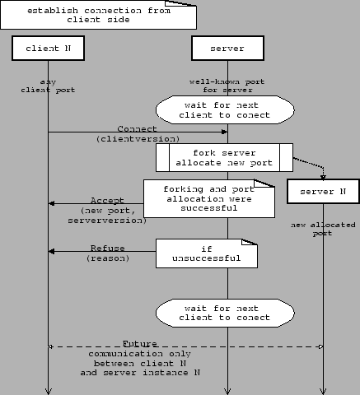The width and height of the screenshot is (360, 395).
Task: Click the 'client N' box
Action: click(x=48, y=49)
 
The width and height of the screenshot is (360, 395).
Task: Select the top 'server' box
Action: click(x=227, y=49)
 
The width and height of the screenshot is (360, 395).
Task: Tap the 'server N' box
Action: click(x=323, y=192)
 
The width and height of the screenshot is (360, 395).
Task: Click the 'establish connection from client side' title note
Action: click(x=100, y=14)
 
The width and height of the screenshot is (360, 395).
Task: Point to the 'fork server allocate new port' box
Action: click(x=225, y=156)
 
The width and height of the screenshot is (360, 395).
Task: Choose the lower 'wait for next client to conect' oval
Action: click(x=226, y=312)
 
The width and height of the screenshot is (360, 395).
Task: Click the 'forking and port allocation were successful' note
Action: click(x=208, y=197)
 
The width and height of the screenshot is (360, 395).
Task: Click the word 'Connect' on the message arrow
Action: click(x=137, y=129)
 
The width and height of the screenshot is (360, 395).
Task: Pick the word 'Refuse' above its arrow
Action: click(x=108, y=248)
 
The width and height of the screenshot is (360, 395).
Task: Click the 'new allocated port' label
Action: click(x=322, y=229)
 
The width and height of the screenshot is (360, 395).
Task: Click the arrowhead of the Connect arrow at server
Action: click(x=223, y=132)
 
